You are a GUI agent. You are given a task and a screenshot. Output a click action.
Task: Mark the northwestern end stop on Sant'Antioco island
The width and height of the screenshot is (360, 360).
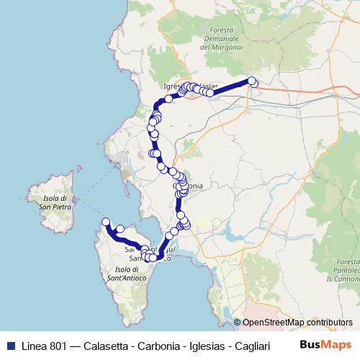click(106, 222)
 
